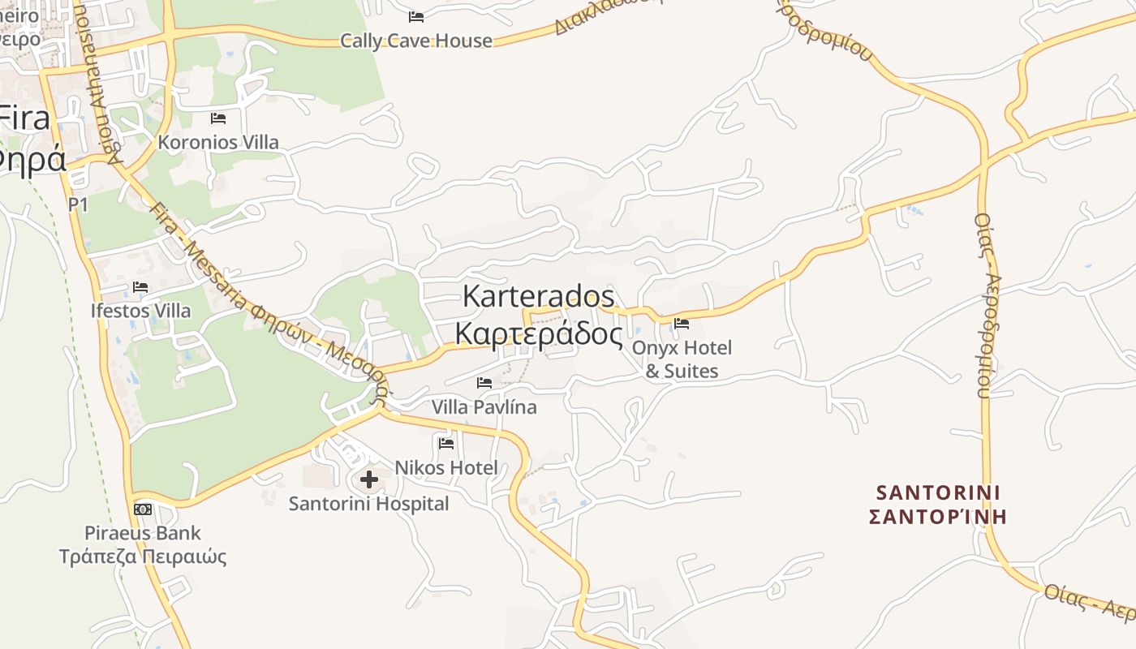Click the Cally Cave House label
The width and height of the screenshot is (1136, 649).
click(415, 41)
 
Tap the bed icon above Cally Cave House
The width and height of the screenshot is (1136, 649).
click(416, 16)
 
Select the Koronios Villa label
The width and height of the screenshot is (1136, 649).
click(218, 143)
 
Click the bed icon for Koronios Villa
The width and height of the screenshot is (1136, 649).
click(218, 118)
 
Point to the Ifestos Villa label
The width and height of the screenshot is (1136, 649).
click(141, 311)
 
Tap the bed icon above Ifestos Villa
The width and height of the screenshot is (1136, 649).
click(140, 287)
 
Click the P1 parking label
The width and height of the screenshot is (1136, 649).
click(78, 204)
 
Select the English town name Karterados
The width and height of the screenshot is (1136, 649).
click(538, 296)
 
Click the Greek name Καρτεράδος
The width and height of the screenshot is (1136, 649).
click(538, 333)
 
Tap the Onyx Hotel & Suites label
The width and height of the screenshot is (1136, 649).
click(682, 359)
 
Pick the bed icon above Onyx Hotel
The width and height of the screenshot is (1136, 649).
click(682, 324)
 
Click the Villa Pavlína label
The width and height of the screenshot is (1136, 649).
click(484, 406)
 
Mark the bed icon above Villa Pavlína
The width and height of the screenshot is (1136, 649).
click(484, 383)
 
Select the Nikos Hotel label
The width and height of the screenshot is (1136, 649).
click(446, 467)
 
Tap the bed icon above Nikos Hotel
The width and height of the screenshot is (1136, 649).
click(446, 444)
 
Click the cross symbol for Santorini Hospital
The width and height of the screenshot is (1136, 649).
click(369, 479)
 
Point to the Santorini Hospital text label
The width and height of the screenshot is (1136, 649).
click(369, 504)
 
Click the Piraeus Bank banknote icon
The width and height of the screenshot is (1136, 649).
click(143, 509)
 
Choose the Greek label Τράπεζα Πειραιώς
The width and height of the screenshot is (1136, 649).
click(143, 557)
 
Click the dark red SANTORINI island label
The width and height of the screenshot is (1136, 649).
click(938, 492)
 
